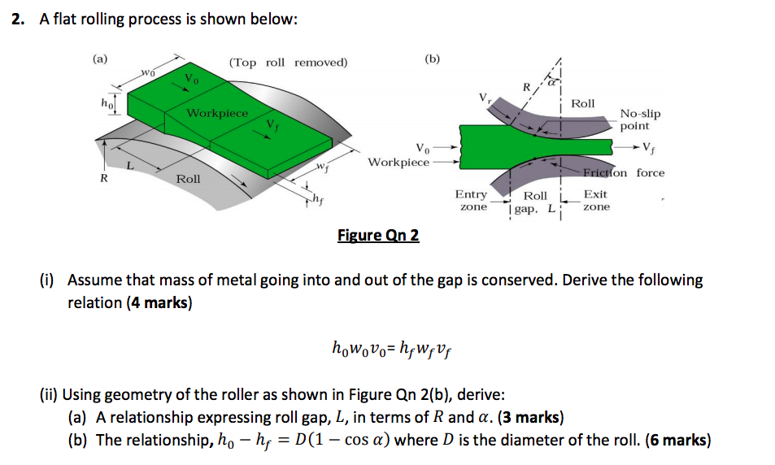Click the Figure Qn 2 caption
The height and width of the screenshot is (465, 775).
tap(378, 236)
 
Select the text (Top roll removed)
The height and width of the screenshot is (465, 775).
tap(288, 63)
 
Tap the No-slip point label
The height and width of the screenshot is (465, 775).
tap(639, 120)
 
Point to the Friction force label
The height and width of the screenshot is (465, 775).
tap(624, 173)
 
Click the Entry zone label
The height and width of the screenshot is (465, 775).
tap(471, 201)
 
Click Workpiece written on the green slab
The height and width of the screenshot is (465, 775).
tap(217, 113)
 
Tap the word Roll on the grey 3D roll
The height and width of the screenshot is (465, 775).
tap(189, 178)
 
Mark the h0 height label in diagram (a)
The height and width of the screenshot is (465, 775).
tap(105, 104)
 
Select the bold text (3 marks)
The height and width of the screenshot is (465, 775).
tap(529, 418)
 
